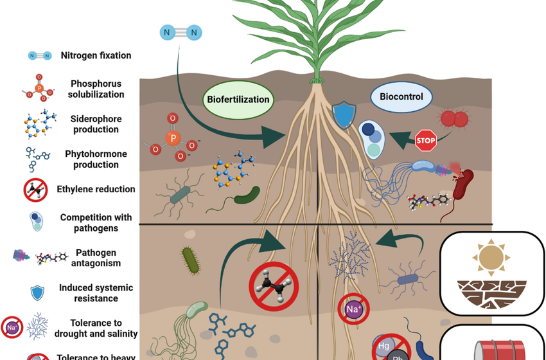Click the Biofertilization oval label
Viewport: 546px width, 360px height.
coord(238,100)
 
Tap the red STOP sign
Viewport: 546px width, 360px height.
coord(425,139)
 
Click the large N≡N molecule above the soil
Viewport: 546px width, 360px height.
coord(180,32)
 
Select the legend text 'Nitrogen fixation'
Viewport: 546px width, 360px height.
coord(96,55)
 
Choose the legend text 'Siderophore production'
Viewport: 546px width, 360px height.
coord(95,124)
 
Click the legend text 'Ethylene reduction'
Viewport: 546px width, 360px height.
coord(96,189)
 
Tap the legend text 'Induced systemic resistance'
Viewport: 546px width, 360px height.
coord(95,293)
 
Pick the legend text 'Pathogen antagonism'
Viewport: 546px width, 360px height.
coord(96,258)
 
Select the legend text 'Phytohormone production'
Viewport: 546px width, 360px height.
coord(96,159)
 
